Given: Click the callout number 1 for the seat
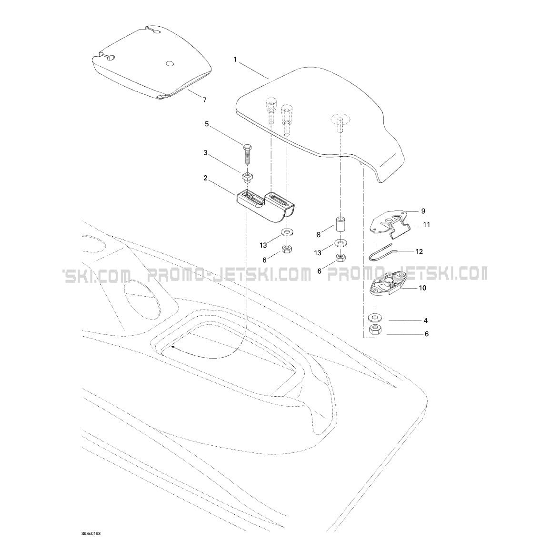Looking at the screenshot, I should coord(235,60).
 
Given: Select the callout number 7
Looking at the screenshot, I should coord(204,100).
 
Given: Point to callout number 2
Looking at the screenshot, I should coord(205,178).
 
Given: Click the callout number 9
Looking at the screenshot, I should coord(423,210).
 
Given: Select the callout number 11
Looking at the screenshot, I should coord(427,224).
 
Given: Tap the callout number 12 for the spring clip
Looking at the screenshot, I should coord(419,251).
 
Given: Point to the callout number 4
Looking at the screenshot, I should coord(426,320).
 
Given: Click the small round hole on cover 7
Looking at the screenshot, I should coord(169,63).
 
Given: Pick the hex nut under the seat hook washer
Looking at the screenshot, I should coord(287,249).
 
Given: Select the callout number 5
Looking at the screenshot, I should coord(207,124).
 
